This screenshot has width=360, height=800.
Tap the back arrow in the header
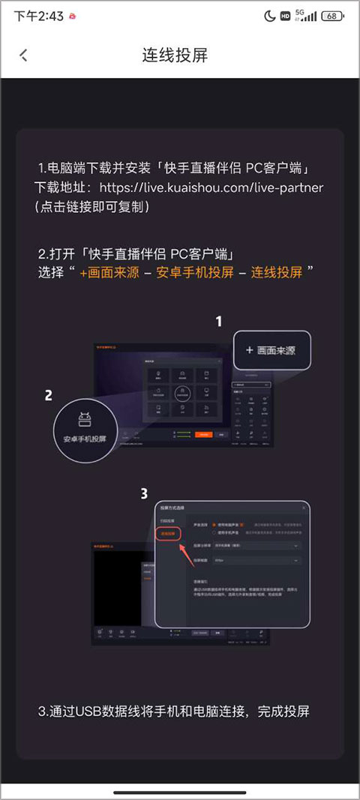(x=23, y=55)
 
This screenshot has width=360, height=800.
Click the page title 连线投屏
(x=175, y=55)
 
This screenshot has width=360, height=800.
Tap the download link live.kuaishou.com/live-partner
(x=211, y=187)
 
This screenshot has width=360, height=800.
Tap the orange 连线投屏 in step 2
(x=277, y=272)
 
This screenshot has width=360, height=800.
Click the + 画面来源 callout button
(x=272, y=350)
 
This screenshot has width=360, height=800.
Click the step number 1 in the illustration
(x=219, y=322)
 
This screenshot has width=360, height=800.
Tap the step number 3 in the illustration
(x=145, y=493)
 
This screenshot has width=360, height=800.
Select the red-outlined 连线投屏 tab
(x=167, y=534)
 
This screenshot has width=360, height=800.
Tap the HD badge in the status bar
(x=286, y=16)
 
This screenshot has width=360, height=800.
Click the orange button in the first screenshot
(x=203, y=434)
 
